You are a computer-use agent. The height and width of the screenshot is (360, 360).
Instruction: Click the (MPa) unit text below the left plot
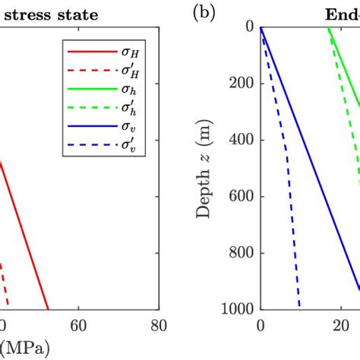point(27,347)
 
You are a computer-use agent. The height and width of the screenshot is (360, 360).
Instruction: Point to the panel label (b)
point(202,13)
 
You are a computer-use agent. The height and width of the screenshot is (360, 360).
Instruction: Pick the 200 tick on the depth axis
point(242,83)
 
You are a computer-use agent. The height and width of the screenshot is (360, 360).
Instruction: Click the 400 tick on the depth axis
point(242,140)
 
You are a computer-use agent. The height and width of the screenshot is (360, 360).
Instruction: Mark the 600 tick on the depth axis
point(242,196)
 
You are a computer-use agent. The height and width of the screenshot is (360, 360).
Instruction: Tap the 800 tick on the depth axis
point(242,253)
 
